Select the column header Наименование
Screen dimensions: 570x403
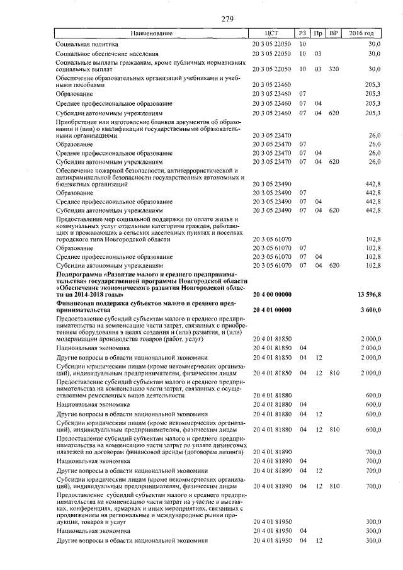pos(151,33)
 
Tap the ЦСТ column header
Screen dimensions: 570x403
pos(272,33)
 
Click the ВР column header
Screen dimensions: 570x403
pos(334,33)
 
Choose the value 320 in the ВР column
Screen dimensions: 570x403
pos(334,69)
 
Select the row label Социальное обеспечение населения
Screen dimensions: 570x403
pos(107,54)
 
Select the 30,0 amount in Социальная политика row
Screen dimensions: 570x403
pos(375,45)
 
